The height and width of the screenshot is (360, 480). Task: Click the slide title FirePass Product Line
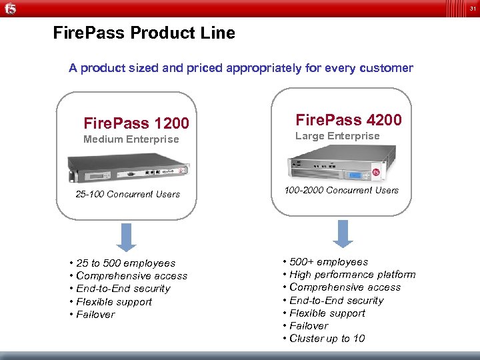click(x=144, y=33)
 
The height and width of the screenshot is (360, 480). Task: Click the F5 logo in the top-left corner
click(x=11, y=8)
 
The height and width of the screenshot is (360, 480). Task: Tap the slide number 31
click(x=472, y=8)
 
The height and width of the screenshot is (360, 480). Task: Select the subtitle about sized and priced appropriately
click(x=241, y=68)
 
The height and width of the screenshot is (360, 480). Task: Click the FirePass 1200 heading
click(x=136, y=123)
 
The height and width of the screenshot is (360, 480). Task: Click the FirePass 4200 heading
click(x=349, y=120)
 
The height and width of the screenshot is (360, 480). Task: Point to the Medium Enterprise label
click(x=131, y=139)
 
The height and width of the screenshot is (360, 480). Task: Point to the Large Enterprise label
click(x=337, y=136)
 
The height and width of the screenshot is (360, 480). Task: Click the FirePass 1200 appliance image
click(x=127, y=167)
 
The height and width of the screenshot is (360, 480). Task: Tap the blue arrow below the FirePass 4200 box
click(x=343, y=233)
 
